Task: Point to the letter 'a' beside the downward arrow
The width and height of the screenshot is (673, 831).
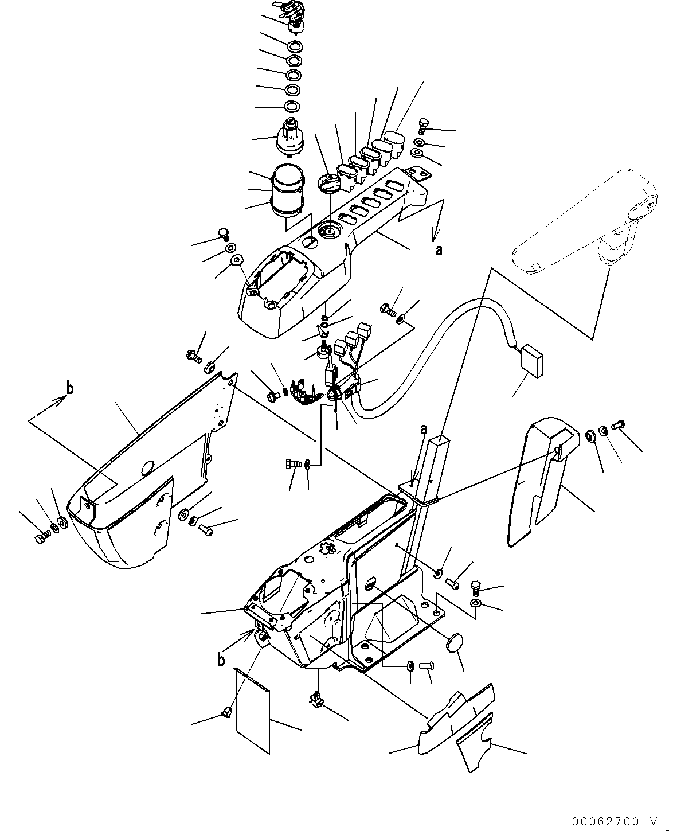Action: [439, 250]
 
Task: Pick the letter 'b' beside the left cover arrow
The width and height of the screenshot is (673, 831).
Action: [69, 388]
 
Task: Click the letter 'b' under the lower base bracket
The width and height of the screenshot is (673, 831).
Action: [221, 661]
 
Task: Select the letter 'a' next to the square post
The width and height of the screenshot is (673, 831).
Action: [423, 429]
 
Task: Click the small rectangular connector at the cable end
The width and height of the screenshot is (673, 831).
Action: [531, 361]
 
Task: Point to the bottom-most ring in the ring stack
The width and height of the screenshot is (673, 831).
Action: [292, 106]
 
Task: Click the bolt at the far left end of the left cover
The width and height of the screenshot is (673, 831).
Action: [41, 539]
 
